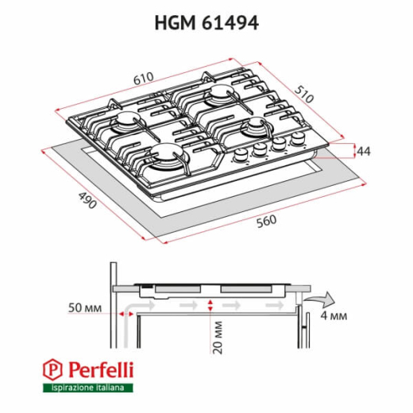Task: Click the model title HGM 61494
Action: (x=206, y=23)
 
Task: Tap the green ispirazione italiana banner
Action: (x=87, y=387)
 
